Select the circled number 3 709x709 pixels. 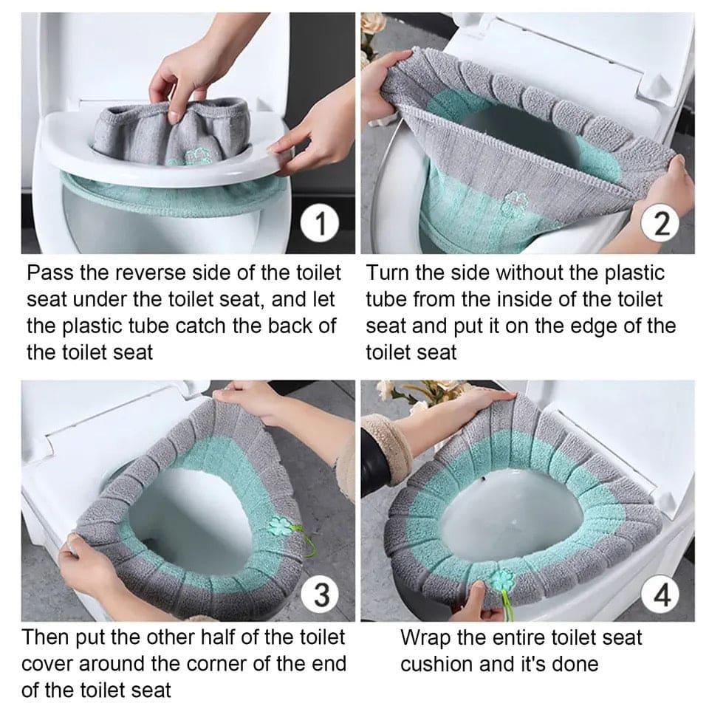tap(321, 595)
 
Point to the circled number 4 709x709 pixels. tap(662, 595)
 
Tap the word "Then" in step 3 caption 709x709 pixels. tap(47, 637)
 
